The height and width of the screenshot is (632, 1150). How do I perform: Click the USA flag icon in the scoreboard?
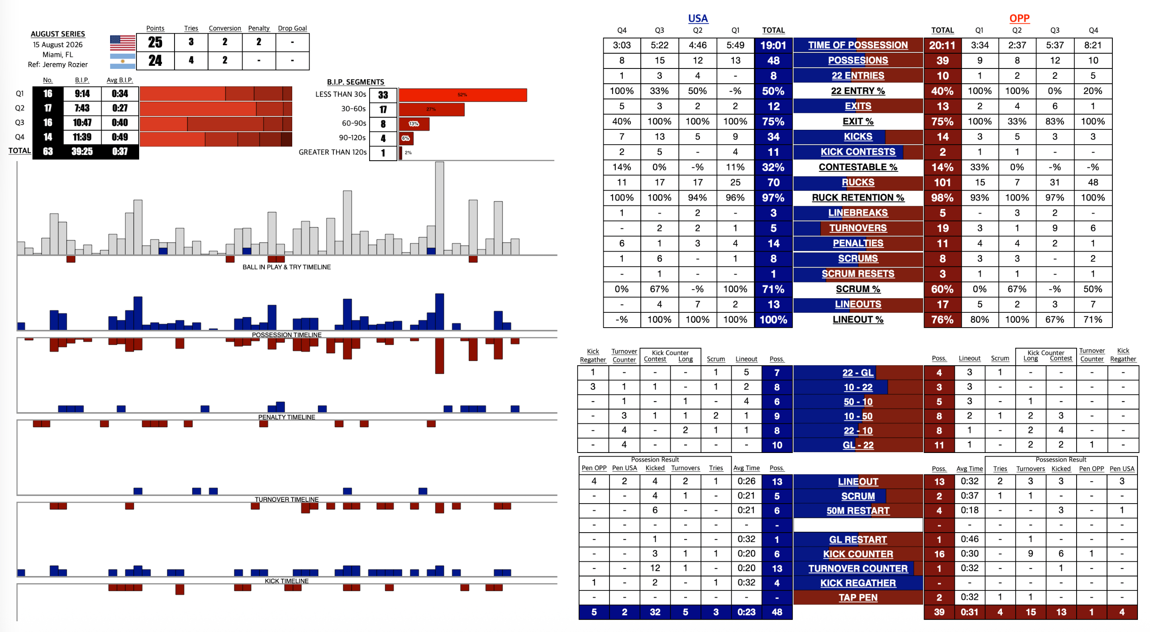click(123, 43)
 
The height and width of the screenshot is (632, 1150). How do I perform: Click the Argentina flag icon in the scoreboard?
click(123, 61)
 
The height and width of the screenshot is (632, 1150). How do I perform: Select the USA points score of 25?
click(155, 43)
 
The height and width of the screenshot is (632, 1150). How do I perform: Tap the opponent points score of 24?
click(155, 60)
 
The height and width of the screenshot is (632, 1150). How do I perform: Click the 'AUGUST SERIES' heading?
click(58, 34)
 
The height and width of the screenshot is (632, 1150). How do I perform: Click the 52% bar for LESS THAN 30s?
click(463, 95)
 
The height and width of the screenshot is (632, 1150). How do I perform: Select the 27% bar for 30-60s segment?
click(431, 109)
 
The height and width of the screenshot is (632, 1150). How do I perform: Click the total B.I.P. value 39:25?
click(82, 151)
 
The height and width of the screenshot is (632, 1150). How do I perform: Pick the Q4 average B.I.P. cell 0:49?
click(120, 137)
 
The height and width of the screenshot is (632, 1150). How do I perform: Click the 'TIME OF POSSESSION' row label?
click(857, 45)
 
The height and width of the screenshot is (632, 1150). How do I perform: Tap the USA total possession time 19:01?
click(773, 45)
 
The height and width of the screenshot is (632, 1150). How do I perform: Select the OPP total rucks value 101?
click(942, 183)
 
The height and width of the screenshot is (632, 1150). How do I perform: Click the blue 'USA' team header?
click(698, 19)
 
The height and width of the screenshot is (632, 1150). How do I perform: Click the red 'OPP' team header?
click(1019, 19)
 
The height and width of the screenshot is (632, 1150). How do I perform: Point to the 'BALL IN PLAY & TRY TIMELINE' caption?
click(286, 267)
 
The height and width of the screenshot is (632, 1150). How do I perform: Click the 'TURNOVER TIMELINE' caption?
click(286, 500)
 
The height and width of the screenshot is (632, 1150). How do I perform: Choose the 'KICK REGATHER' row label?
click(857, 583)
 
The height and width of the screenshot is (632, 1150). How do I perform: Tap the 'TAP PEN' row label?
click(857, 598)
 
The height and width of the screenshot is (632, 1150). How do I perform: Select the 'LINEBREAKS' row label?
click(857, 213)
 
